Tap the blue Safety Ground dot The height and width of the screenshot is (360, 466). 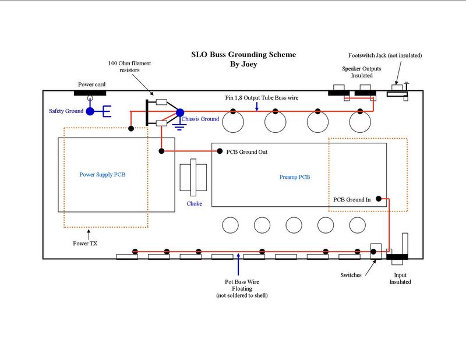[x=90, y=111]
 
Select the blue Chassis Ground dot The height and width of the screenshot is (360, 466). [x=179, y=112]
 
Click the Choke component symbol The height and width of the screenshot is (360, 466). [x=195, y=179]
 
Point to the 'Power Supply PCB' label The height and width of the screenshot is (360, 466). [x=102, y=174]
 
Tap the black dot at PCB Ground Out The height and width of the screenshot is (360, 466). [x=220, y=151]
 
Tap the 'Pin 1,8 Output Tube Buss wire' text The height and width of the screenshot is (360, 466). [x=262, y=98]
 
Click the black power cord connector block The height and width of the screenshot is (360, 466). [x=90, y=92]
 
